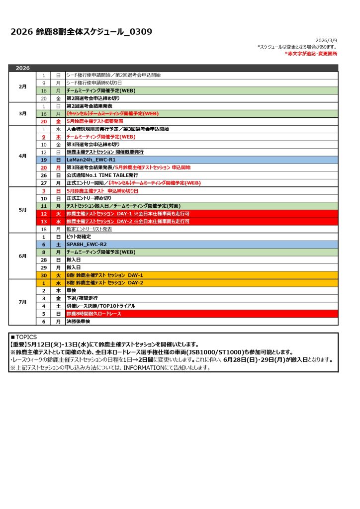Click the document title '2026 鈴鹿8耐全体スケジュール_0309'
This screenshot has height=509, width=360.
click(81, 32)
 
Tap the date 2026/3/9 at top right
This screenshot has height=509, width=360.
click(326, 40)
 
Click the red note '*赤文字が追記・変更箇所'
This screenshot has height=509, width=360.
click(311, 53)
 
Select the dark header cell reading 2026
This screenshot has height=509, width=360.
click(23, 68)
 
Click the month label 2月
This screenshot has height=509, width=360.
click(23, 86)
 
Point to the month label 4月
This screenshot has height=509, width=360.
click(23, 156)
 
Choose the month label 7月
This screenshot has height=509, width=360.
click(23, 302)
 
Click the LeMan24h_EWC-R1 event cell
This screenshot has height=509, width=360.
click(90, 160)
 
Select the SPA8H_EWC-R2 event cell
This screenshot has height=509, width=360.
click(87, 245)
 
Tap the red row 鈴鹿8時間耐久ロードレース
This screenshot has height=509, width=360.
click(94, 314)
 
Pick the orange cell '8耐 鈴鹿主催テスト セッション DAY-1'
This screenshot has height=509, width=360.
click(105, 275)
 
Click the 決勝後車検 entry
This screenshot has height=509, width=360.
click(79, 322)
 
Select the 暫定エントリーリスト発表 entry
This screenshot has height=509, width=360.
click(89, 229)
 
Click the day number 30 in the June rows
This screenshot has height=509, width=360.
click(44, 275)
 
